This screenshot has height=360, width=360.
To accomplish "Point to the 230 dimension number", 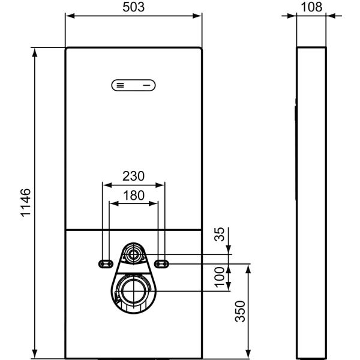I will (133, 176).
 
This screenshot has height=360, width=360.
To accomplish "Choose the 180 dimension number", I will (133, 196).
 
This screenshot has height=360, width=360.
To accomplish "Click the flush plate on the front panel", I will (133, 85).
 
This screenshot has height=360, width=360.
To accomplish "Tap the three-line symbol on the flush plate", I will (121, 85).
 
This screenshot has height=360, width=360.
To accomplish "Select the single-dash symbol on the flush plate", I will (146, 85).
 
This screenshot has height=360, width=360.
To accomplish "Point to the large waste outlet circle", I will (133, 291).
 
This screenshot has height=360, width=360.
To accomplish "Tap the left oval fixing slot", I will (105, 263).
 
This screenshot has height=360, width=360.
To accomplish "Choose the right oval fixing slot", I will (161, 263).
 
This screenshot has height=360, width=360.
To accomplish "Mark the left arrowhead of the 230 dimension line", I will (106, 184).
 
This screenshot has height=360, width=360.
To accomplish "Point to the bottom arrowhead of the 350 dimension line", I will (247, 352).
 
